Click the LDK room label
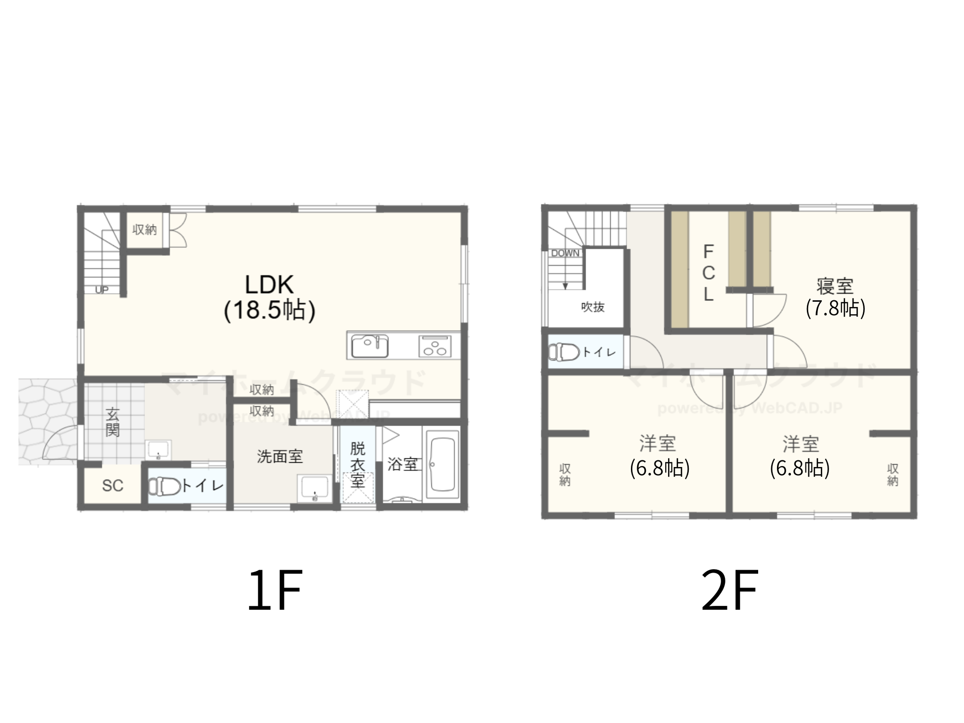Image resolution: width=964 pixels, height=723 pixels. (269, 284)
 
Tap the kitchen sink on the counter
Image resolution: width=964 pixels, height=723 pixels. (370, 346)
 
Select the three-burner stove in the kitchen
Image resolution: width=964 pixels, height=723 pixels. (435, 346)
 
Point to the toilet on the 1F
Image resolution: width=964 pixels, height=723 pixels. (164, 486)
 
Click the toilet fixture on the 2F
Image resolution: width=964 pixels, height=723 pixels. (564, 352)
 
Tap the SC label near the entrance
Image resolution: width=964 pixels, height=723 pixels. (113, 486)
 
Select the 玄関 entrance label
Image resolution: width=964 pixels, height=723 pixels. (113, 422)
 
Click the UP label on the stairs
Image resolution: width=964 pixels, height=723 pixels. (102, 290)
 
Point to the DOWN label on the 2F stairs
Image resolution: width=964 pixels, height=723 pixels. (565, 254)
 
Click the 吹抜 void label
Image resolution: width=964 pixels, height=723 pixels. (593, 307)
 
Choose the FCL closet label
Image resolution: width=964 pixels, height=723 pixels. (708, 273)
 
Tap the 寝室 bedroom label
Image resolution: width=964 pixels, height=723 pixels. (835, 286)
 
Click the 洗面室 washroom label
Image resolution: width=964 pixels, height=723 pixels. (280, 456)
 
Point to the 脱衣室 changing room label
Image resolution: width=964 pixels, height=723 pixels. (358, 465)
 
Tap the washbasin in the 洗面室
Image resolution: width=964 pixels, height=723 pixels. (314, 489)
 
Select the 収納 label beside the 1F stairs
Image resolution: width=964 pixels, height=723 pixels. (145, 230)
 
